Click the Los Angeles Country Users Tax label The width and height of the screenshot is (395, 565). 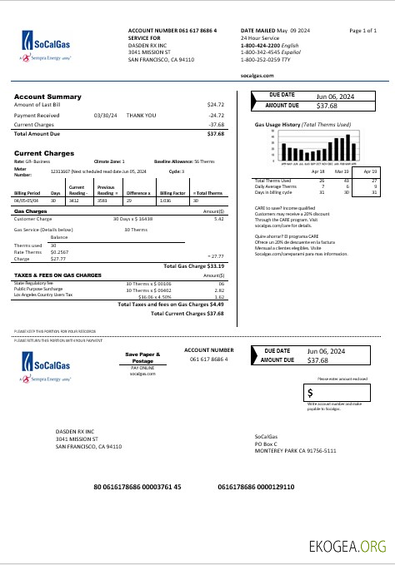pos(44,295)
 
